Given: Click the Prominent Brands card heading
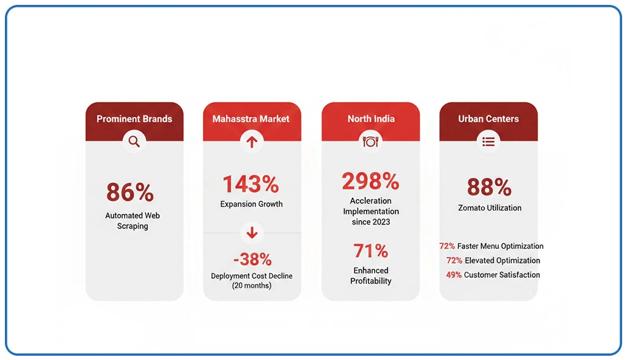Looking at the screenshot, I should (134, 119).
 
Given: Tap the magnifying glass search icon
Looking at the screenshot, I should (134, 142).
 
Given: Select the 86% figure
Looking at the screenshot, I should (130, 193).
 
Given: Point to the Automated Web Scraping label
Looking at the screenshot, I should (133, 221).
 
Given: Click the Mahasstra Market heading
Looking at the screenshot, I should (251, 119).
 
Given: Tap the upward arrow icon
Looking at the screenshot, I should (252, 142).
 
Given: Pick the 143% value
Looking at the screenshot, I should (251, 184).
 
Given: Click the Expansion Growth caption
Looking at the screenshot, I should (252, 204).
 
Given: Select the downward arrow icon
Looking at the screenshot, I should (252, 232).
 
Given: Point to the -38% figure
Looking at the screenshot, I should (252, 259).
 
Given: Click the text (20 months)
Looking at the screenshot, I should (252, 285).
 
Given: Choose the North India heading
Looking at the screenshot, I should (371, 119).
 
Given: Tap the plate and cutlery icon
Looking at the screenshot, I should (370, 142).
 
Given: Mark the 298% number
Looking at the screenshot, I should (370, 182).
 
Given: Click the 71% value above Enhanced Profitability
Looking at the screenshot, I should (370, 251).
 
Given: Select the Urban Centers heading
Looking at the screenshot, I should (488, 119).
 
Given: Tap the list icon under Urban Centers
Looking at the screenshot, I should (488, 142).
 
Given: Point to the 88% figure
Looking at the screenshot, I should (489, 187).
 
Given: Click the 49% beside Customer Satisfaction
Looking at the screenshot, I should (453, 275).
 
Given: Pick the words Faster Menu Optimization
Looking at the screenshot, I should (501, 246).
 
